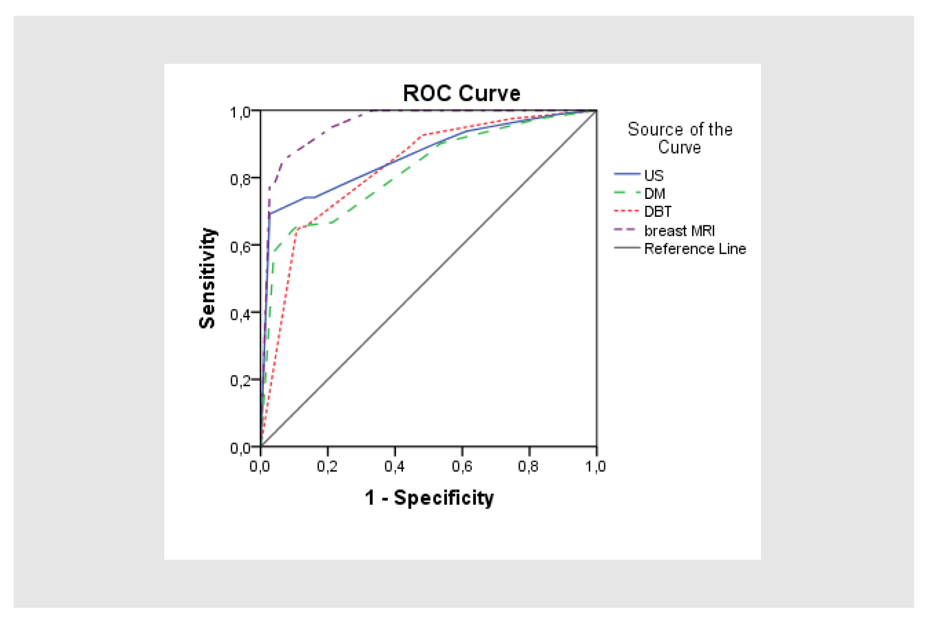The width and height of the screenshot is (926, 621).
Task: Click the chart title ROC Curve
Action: pos(462,93)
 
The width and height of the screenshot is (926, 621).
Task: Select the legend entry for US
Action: pos(654,175)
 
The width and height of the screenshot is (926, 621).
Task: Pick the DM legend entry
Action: pos(654,193)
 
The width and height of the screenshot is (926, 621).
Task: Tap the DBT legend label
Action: pos(658,212)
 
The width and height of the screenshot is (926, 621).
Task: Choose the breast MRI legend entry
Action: pos(679,230)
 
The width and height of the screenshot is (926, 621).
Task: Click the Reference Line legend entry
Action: pos(695,249)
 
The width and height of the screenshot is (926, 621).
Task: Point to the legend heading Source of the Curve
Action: pos(680,138)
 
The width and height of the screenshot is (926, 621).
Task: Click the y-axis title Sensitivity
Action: pos(208,278)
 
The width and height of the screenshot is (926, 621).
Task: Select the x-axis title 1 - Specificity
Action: pos(429,497)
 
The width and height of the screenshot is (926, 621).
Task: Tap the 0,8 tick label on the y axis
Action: pos(240,179)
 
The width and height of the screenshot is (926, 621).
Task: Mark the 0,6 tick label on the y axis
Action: pos(240,247)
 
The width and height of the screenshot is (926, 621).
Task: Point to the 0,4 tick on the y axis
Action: pos(240,314)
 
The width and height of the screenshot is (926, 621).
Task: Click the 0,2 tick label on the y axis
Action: pos(240,381)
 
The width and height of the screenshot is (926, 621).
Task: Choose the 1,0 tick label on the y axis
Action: pos(240,112)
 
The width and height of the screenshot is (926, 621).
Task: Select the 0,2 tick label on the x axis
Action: pos(327,466)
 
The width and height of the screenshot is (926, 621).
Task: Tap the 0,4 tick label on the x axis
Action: pos(395,466)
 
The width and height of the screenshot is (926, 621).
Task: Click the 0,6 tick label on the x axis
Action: pos(462,466)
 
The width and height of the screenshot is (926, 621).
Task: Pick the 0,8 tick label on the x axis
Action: pos(528,466)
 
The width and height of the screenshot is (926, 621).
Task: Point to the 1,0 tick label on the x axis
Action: pos(596,466)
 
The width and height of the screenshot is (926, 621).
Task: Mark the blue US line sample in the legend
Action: pos(627,174)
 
